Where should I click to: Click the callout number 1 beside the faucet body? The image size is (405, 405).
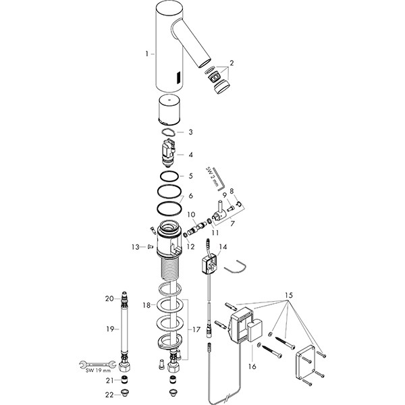coord(146,54)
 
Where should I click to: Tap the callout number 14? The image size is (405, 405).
coord(223,247)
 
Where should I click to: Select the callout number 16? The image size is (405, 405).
coord(252,367)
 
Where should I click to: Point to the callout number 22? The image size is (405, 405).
coord(109,395)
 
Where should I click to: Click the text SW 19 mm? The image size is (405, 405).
coord(98,371)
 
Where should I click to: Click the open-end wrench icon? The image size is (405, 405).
coord(97,364)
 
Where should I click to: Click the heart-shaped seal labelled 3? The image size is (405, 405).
coord(168,132)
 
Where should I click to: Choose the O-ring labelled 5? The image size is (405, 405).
coord(169,176)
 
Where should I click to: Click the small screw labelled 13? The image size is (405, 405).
coord(150,247)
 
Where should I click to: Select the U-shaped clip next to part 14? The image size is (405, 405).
coord(236,267)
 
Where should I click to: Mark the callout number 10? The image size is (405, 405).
coord(192,215)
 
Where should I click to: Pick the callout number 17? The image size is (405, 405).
coord(196,329)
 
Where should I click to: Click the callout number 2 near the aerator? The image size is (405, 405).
coord(232,63)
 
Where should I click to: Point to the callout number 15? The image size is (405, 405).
coord(289,295)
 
